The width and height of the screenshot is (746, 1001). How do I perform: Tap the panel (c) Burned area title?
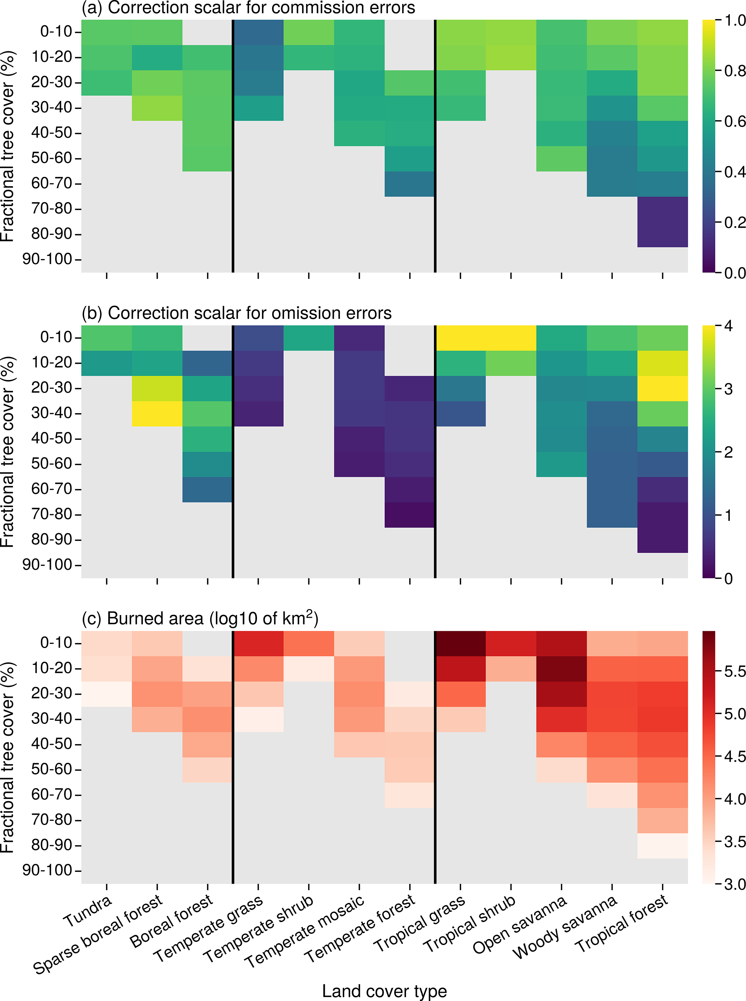point(200,618)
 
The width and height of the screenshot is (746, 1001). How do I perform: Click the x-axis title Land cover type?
point(384,991)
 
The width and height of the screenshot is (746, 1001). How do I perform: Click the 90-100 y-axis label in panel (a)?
point(47,259)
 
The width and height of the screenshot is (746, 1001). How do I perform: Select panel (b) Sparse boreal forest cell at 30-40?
point(157,414)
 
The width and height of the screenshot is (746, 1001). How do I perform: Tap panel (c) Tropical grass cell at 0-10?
point(460,643)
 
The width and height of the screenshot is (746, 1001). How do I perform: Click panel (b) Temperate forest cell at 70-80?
point(410,515)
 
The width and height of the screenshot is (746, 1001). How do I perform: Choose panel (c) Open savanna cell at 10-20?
point(561,669)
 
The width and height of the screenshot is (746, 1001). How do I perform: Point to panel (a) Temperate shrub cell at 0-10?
point(309,32)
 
